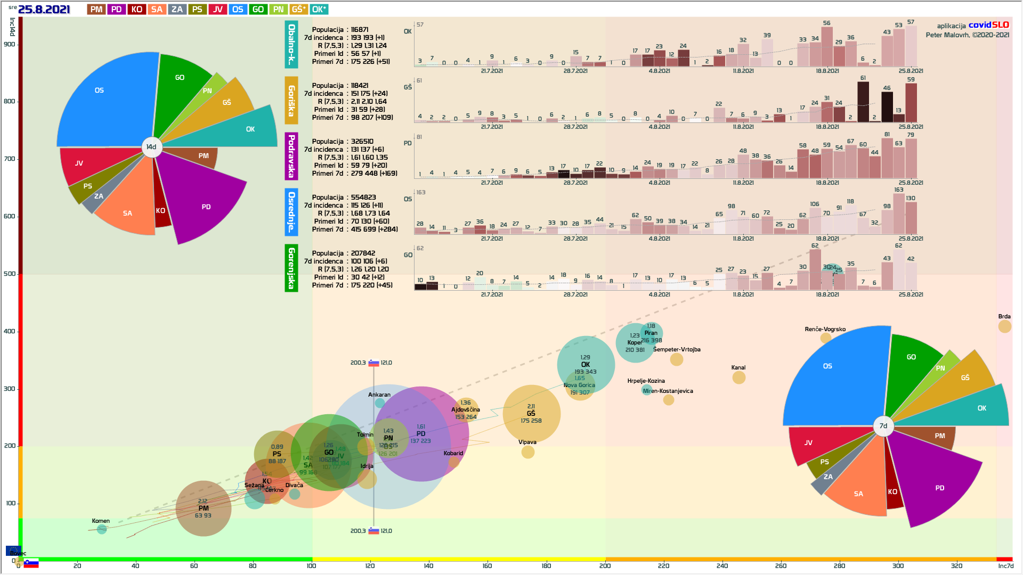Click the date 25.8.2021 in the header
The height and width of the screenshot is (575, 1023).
[44, 10]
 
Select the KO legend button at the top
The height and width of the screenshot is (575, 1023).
[136, 10]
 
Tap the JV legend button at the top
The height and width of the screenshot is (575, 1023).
[217, 10]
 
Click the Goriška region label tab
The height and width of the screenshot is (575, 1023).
[291, 101]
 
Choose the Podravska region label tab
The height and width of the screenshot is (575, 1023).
[291, 157]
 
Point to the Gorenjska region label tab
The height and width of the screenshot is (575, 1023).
[291, 268]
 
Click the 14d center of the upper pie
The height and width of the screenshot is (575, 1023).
[151, 147]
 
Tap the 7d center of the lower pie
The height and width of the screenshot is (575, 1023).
[883, 426]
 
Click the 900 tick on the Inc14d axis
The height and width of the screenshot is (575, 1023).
[10, 44]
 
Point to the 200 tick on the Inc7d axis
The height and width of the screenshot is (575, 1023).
[605, 565]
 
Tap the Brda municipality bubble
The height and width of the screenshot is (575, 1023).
[1004, 326]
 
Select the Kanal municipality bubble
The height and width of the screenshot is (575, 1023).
[738, 377]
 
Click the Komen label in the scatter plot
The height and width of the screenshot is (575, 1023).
[101, 521]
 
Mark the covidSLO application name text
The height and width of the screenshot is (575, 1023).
[988, 25]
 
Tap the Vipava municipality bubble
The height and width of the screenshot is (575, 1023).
[527, 452]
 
